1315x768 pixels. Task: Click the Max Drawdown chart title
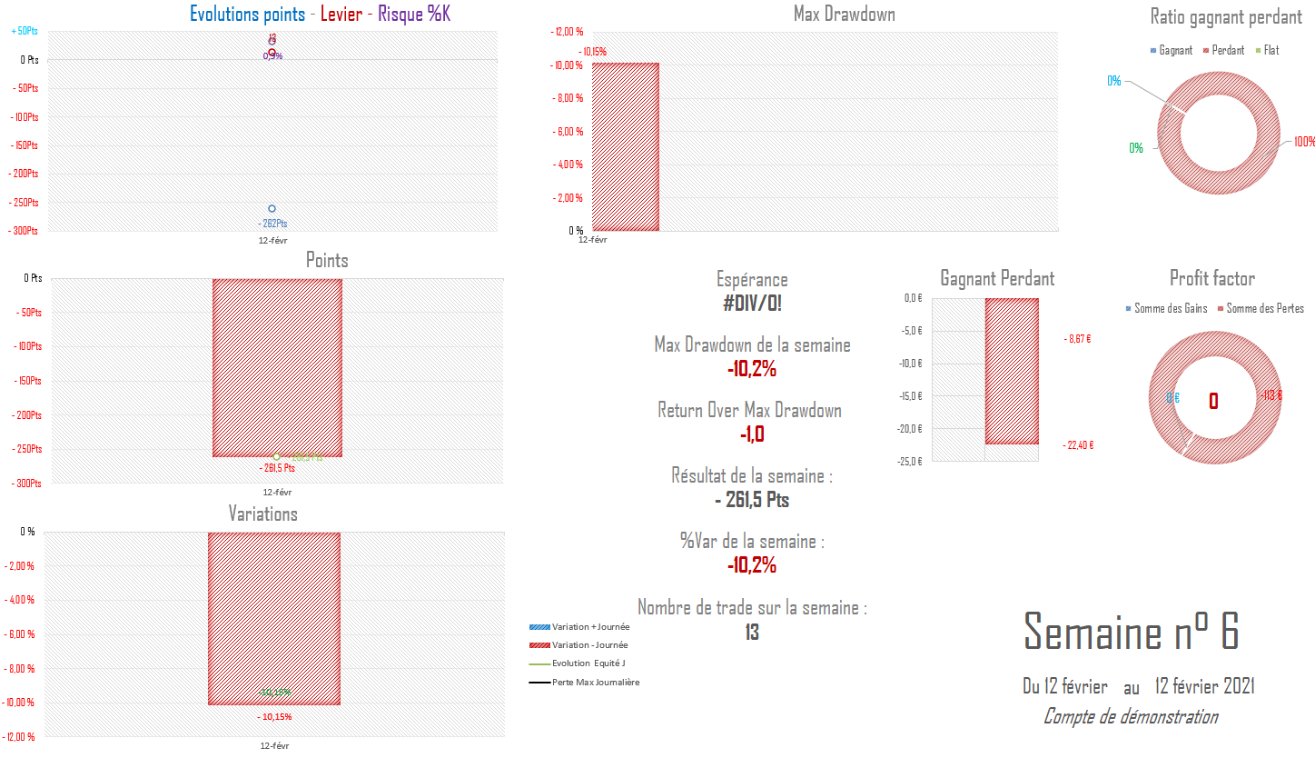844,14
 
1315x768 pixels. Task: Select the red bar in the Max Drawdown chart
625,146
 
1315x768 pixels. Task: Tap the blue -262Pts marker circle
272,209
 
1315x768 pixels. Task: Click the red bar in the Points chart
277,367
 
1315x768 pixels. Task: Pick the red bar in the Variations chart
273,618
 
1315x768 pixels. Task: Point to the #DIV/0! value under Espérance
752,304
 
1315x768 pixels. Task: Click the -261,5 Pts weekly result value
752,500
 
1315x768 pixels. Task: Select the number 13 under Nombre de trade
752,633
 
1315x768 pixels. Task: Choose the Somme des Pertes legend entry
1264,309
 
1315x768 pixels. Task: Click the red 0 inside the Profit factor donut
1213,401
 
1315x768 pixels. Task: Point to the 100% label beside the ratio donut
1304,142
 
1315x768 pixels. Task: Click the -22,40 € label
1080,445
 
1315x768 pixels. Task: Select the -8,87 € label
1079,339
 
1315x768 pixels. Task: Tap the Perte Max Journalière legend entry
595,683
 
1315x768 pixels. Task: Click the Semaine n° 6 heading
1131,632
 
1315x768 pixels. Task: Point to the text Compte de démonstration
1131,717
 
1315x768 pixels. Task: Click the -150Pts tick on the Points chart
28,381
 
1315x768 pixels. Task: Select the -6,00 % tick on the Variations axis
20,634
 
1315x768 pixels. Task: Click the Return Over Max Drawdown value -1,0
752,434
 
